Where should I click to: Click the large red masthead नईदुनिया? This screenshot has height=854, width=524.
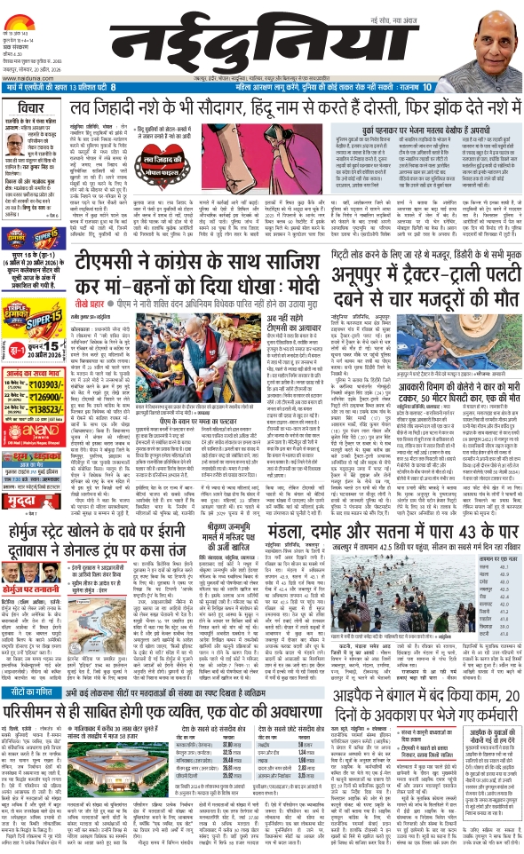(261, 39)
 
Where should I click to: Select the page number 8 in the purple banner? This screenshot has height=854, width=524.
(114, 87)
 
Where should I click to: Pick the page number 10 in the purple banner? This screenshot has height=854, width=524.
(427, 87)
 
